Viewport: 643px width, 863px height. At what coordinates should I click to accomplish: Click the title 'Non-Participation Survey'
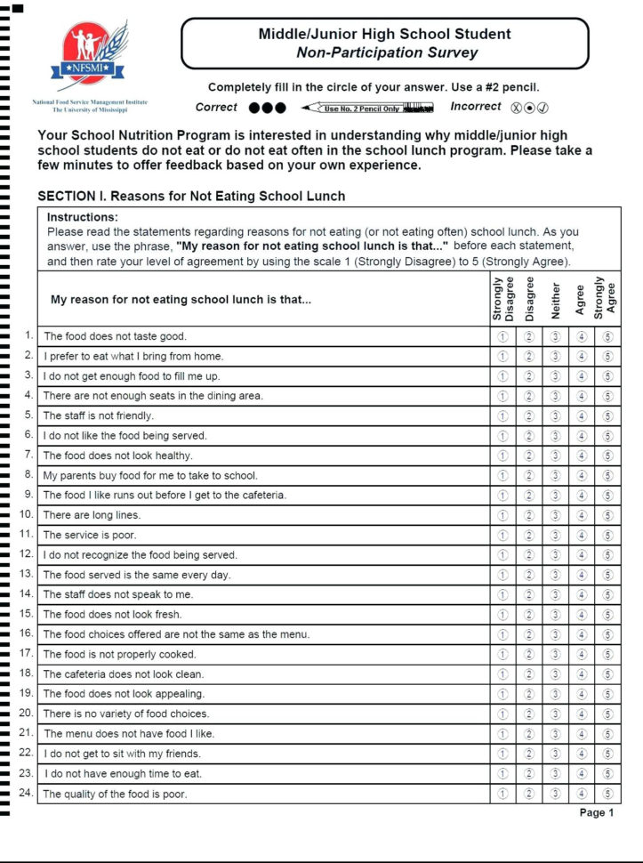click(x=386, y=52)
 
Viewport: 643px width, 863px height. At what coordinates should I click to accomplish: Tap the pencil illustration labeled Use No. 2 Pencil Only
click(x=367, y=108)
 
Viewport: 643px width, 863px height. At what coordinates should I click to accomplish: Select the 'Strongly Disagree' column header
click(x=502, y=298)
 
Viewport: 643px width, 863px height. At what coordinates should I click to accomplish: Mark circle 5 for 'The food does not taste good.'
click(x=607, y=336)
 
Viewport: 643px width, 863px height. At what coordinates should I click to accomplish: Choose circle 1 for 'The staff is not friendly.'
click(x=502, y=415)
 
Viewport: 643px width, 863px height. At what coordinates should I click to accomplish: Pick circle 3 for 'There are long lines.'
click(x=555, y=515)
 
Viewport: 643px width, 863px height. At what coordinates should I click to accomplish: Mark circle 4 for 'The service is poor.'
click(x=582, y=535)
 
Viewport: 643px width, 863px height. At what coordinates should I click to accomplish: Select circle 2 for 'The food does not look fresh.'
click(x=528, y=614)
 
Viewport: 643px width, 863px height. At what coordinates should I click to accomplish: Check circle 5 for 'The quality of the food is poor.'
click(x=607, y=794)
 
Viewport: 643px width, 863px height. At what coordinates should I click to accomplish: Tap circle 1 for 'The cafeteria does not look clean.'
click(x=502, y=674)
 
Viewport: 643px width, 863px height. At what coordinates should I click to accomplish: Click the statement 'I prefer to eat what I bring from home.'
click(x=133, y=356)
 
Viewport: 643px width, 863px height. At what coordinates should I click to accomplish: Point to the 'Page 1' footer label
click(x=596, y=812)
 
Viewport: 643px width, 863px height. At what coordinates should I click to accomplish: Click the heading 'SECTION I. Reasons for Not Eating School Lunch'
click(x=191, y=196)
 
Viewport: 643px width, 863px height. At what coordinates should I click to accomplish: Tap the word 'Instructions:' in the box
click(x=82, y=217)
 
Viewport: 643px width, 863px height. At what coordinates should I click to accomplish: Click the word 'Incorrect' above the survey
click(x=476, y=107)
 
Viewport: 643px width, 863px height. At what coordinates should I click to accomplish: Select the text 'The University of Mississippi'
click(x=89, y=110)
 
